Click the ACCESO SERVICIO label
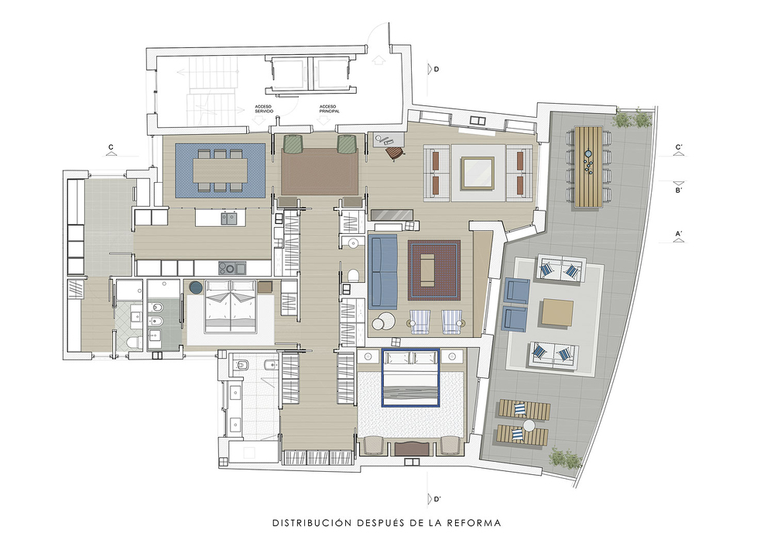(264, 108)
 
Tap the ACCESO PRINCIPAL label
(329, 108)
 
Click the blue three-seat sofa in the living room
(382, 272)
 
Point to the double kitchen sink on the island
(228, 218)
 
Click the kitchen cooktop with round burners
(232, 268)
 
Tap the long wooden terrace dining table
(588, 167)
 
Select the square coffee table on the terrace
(557, 312)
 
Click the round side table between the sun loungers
(529, 425)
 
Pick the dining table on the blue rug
(220, 170)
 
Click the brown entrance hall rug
(320, 171)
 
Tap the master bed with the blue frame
(411, 378)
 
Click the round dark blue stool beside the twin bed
(196, 287)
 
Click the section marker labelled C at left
(111, 150)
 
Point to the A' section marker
(679, 236)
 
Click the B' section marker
(679, 187)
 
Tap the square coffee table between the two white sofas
(478, 173)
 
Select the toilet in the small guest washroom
(354, 275)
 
